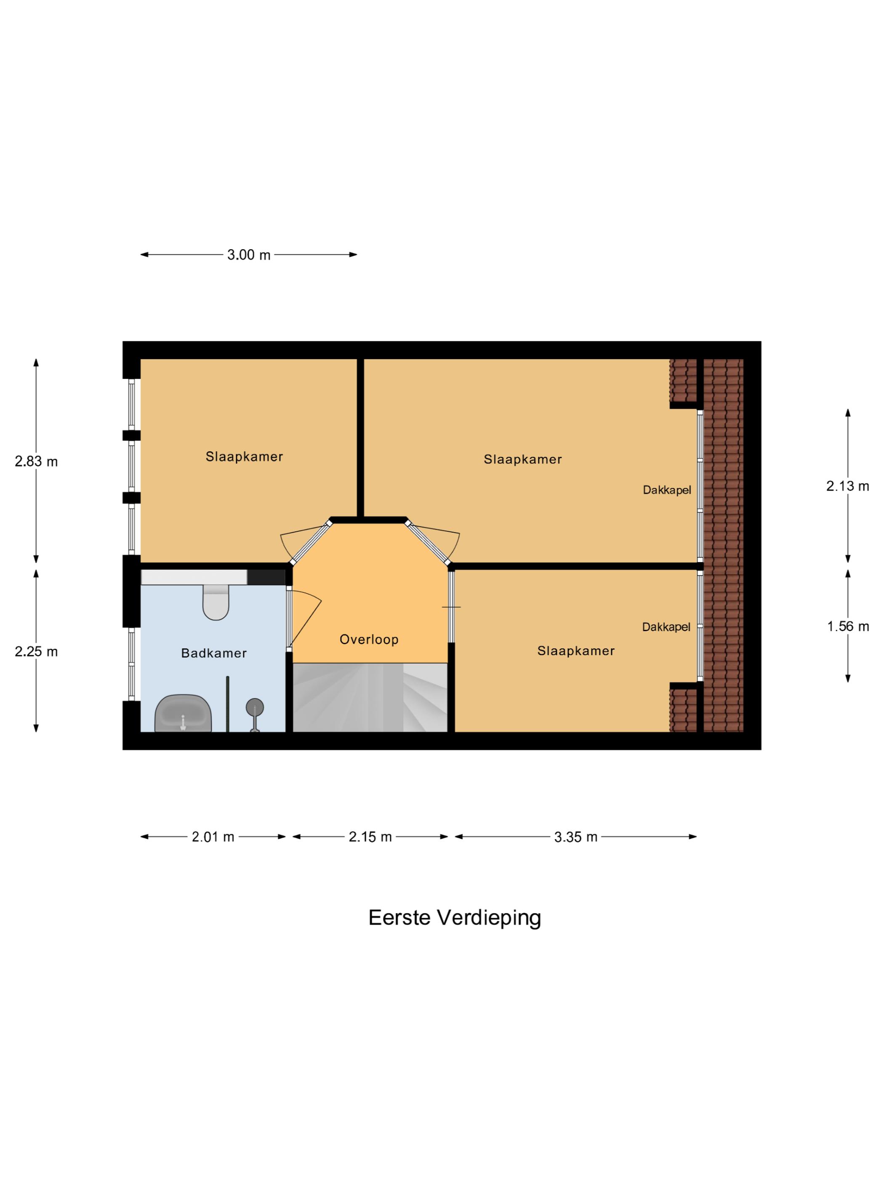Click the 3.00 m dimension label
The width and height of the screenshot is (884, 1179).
coord(248,255)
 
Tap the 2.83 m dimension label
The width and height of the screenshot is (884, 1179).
coord(36,461)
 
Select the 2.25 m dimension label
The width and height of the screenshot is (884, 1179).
coord(36,651)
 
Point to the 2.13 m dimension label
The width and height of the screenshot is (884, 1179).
coord(847,485)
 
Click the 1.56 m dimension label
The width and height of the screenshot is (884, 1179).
coord(847,626)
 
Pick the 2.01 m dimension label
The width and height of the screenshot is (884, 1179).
coord(213,837)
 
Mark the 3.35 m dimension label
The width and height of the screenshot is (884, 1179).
coord(575,837)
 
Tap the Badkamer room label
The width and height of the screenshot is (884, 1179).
coord(214,653)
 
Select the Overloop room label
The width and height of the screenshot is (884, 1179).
coord(369,639)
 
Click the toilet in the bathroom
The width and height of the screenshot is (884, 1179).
coord(216,603)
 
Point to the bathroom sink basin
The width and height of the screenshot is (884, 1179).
coord(183,714)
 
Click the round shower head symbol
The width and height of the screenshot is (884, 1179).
coord(255,707)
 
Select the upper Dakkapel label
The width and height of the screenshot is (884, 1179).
coord(667,490)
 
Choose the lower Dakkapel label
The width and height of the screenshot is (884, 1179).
coord(666,627)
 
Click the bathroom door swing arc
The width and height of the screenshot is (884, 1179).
coord(309,618)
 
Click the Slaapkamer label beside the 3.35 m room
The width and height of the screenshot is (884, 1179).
coord(575,651)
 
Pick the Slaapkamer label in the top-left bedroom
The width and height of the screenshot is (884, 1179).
coord(244,456)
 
